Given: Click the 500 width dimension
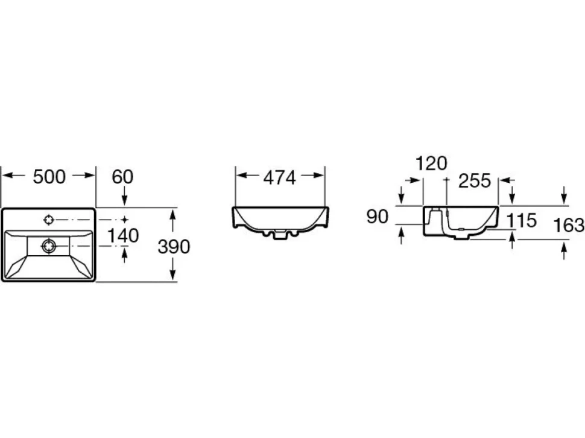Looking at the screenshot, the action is [49, 177].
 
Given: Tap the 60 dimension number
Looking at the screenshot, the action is [122, 177].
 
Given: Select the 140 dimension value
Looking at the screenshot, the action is [123, 235].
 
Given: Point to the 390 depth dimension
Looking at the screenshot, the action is [174, 247].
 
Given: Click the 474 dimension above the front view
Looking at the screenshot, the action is [279, 177].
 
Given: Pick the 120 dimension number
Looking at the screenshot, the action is [431, 163].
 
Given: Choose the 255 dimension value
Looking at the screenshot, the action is [474, 181].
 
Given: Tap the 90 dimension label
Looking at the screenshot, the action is [377, 217].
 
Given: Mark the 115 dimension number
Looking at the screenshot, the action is [521, 220].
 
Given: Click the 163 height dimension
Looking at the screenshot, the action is [568, 226].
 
